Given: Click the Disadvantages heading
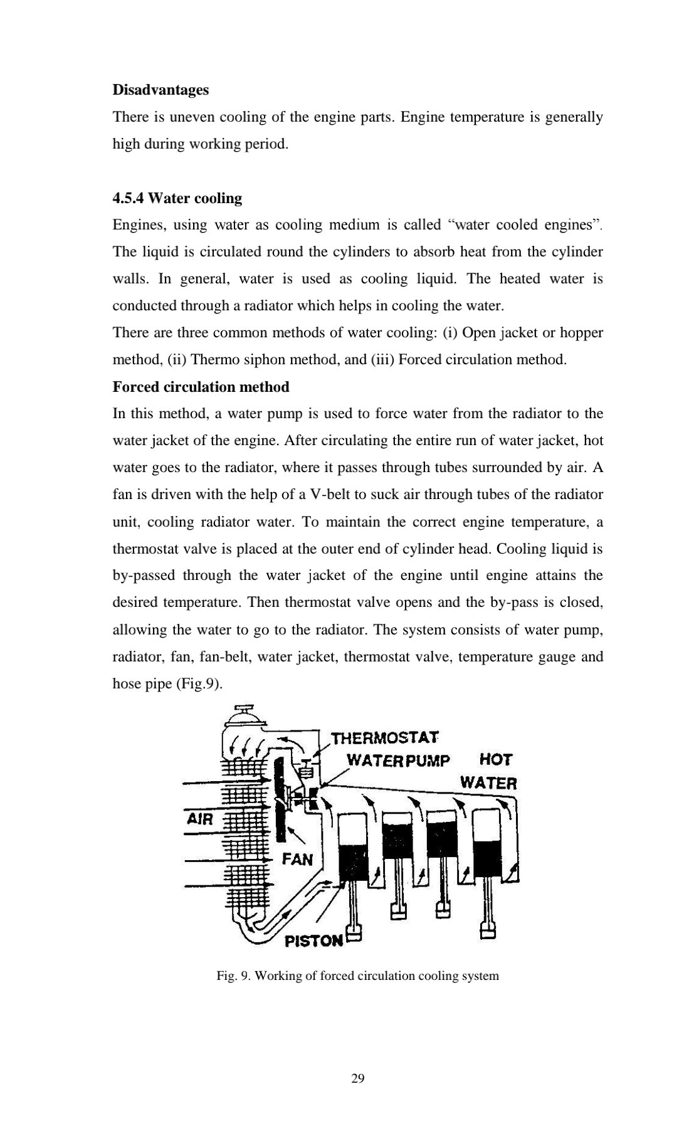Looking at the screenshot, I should [160, 90].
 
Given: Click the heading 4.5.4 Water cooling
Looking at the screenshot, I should [177, 198].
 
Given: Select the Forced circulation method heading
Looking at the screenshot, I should [201, 387].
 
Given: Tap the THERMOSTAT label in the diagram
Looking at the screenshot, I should [385, 738].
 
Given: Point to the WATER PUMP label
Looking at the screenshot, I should [398, 760].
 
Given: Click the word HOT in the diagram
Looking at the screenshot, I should [495, 760].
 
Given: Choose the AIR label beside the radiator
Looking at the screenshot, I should [200, 819].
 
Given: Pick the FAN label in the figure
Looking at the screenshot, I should [297, 859].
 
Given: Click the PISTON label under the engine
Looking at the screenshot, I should [313, 940].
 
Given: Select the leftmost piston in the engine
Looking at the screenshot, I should [355, 849].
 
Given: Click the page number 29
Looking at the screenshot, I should [358, 1078].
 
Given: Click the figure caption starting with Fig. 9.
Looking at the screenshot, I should [357, 976].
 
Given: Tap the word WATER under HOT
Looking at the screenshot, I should [488, 782].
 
